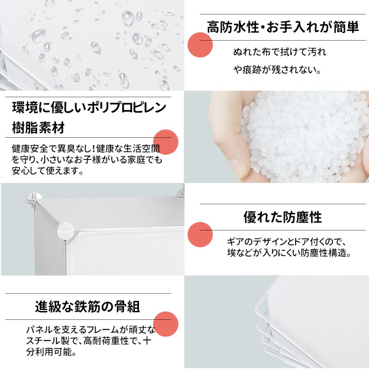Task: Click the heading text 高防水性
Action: point(233,27)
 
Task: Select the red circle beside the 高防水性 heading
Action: point(200,45)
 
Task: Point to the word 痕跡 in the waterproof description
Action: point(251,70)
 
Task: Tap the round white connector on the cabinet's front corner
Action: point(64,230)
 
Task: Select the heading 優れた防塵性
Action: point(282,217)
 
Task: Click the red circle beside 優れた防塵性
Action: point(200,235)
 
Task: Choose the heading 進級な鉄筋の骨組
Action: point(88,306)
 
